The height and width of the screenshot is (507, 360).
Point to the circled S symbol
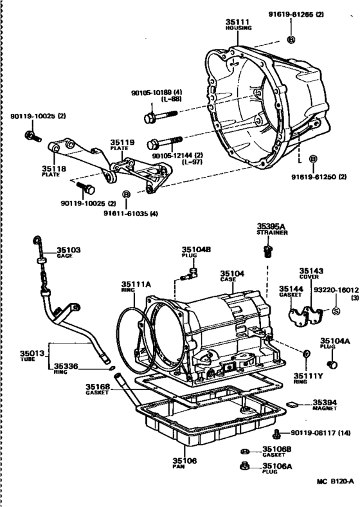335,312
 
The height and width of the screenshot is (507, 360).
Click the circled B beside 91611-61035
126,194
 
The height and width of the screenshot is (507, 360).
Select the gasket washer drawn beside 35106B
246,451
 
